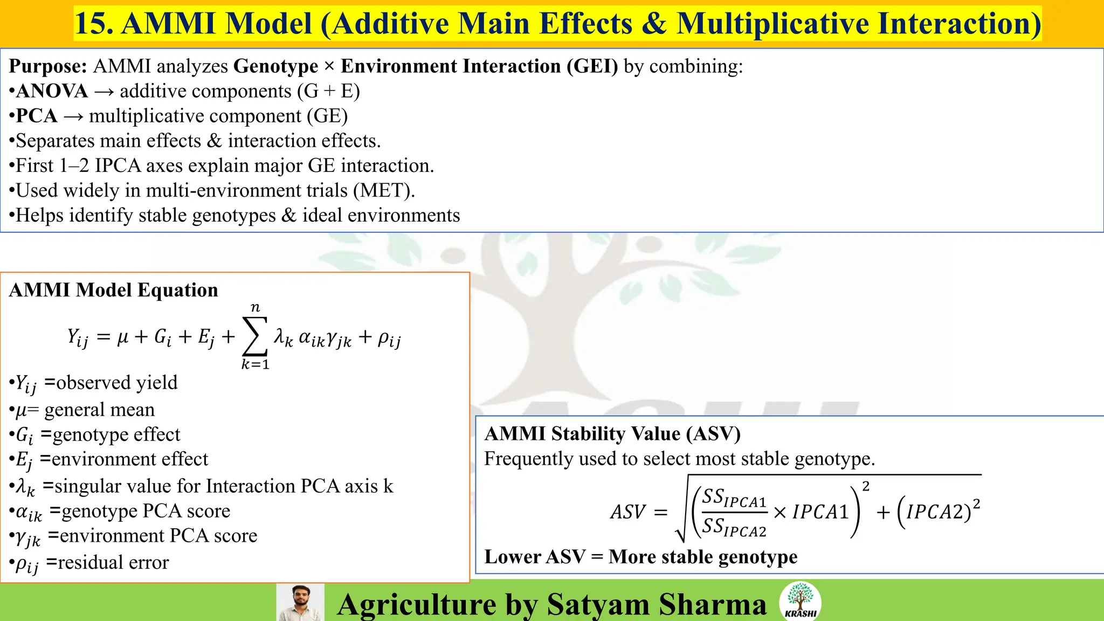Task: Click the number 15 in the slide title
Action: click(x=91, y=24)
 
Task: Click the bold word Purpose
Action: click(x=47, y=66)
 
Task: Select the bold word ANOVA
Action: click(x=52, y=91)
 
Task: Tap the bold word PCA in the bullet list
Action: click(x=37, y=116)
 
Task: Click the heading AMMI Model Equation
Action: click(x=113, y=290)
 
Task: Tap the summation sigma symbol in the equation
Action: click(x=255, y=336)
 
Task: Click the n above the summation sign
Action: click(x=256, y=307)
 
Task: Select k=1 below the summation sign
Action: click(x=255, y=365)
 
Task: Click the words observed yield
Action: click(x=116, y=383)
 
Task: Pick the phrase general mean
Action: click(x=99, y=410)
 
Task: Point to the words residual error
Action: click(x=113, y=563)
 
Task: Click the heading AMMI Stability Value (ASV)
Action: click(x=612, y=434)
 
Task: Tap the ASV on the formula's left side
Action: click(x=627, y=512)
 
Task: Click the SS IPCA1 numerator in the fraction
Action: click(x=734, y=498)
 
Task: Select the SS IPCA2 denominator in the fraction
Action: click(x=734, y=527)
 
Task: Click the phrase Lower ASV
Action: click(x=535, y=557)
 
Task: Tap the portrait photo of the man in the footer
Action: click(x=300, y=602)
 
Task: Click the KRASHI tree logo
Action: click(x=801, y=601)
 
